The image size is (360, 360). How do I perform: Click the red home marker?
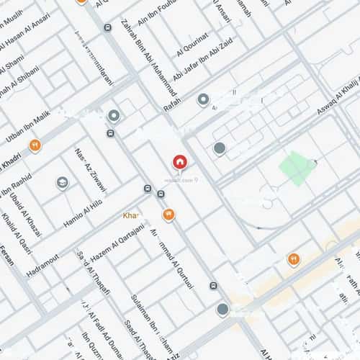[179, 163]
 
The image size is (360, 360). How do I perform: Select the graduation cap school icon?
[63, 183]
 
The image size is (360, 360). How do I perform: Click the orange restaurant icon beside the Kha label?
[168, 214]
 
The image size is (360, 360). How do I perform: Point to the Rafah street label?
[174, 105]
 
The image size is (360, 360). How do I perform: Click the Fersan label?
[6, 253]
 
